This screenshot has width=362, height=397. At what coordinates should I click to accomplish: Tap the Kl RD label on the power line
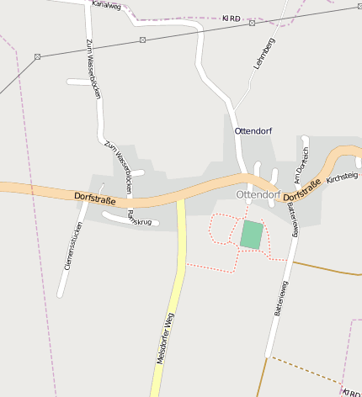(x=231, y=18)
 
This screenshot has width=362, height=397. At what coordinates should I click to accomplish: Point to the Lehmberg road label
(x=264, y=52)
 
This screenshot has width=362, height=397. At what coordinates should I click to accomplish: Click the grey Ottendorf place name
(x=258, y=194)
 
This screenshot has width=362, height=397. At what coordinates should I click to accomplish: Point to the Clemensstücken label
(x=73, y=245)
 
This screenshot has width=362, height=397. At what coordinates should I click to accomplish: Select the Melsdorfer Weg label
(x=165, y=337)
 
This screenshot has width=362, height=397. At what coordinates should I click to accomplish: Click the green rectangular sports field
(x=251, y=235)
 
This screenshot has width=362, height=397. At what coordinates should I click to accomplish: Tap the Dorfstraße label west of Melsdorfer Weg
(x=94, y=197)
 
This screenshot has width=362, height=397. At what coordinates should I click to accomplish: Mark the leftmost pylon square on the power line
(x=38, y=56)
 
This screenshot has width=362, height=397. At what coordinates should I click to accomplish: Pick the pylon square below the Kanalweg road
(x=143, y=40)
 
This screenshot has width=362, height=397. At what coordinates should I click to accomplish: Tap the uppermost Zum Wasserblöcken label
(x=93, y=68)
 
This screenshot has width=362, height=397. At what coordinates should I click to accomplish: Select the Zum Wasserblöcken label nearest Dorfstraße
(x=119, y=167)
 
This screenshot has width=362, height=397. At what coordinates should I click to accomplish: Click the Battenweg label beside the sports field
(x=292, y=219)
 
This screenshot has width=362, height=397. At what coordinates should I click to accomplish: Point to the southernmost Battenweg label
(x=278, y=298)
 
